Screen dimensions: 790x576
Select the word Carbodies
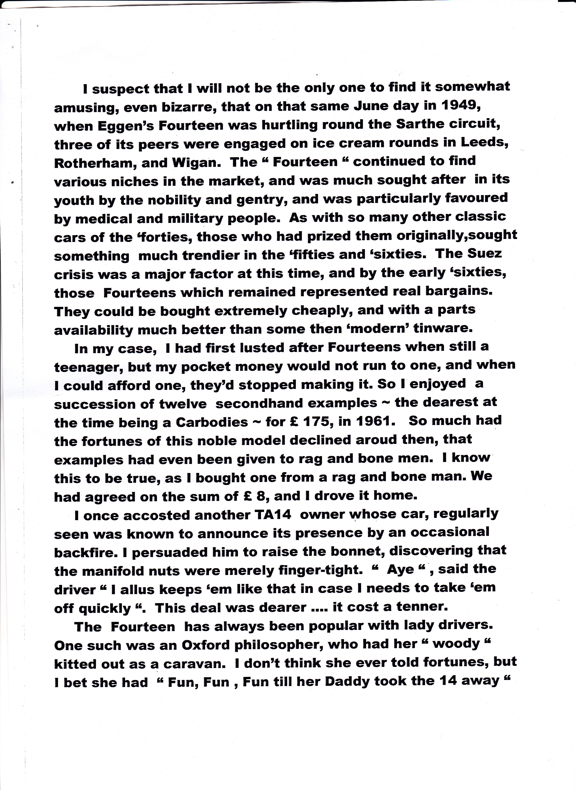coord(212,423)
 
